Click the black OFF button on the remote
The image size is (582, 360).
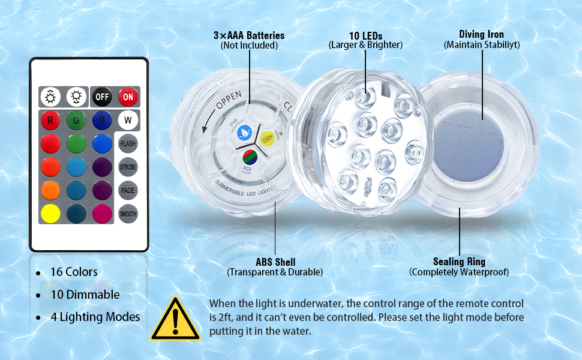[x=101, y=97]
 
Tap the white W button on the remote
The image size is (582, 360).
[x=128, y=120]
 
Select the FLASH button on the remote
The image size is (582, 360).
[x=128, y=144]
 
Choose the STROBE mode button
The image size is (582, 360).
[x=128, y=167]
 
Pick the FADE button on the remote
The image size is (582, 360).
[x=128, y=190]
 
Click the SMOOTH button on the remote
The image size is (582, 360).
[x=128, y=214]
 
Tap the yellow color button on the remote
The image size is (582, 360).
[x=50, y=214]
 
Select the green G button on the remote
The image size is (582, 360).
[x=76, y=120]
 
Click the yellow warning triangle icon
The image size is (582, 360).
[x=175, y=318]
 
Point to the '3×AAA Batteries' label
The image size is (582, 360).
[x=248, y=36]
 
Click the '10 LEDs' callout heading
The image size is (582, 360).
[x=365, y=35]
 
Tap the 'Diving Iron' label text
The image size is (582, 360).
[x=481, y=35]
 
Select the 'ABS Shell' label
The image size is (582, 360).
[x=275, y=262]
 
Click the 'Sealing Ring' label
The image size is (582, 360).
[x=459, y=262]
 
